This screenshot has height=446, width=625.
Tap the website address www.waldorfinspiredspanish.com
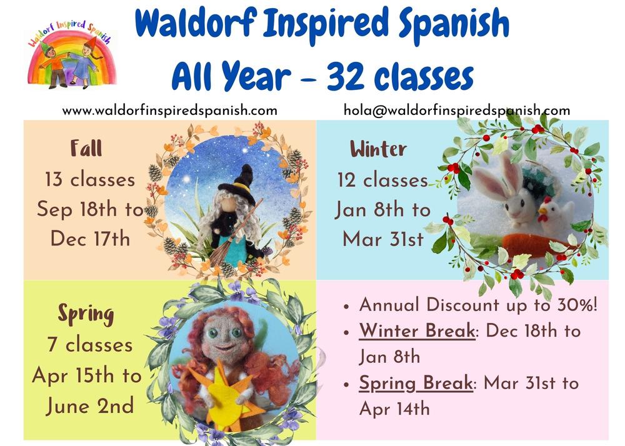click(x=169, y=111)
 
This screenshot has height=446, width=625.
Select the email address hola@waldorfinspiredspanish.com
click(x=457, y=111)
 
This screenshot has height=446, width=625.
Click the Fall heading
click(x=86, y=149)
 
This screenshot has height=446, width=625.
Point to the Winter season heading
click(x=378, y=149)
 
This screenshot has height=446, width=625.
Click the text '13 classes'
click(x=89, y=180)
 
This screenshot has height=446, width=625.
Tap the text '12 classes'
click(x=382, y=180)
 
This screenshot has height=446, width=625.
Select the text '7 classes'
click(x=89, y=345)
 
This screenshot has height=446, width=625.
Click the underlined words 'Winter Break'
click(x=417, y=331)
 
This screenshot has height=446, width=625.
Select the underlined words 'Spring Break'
click(x=416, y=383)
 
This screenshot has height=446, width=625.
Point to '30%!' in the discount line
click(x=577, y=305)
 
